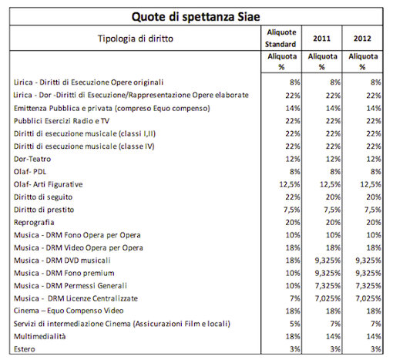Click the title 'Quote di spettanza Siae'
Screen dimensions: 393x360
(x=196, y=17)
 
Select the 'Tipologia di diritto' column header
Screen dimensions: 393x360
(x=136, y=39)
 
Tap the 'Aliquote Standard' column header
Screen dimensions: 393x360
(x=280, y=38)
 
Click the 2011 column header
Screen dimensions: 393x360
(x=321, y=39)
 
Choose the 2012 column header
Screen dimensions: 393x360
(x=362, y=39)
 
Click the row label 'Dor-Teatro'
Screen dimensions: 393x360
(x=32, y=159)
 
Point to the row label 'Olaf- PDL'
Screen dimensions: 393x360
(x=30, y=172)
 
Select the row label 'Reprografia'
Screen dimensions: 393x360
(x=34, y=223)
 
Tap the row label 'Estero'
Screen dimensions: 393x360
(x=25, y=349)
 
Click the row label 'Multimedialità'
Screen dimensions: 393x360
(x=40, y=336)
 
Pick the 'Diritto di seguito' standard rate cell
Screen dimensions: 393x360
(x=293, y=197)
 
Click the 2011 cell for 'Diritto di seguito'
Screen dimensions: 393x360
(x=333, y=197)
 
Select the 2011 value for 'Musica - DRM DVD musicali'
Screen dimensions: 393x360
(x=327, y=261)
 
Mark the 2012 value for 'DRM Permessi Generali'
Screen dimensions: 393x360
(x=368, y=286)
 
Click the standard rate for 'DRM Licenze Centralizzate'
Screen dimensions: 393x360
(x=295, y=298)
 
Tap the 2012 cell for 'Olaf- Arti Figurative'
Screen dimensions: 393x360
(x=371, y=184)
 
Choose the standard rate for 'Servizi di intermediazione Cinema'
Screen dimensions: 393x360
(x=295, y=324)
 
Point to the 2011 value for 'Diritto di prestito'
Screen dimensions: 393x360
(x=332, y=210)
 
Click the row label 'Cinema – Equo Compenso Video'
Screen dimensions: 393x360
(x=69, y=311)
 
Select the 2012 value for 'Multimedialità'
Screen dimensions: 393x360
(x=374, y=336)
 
